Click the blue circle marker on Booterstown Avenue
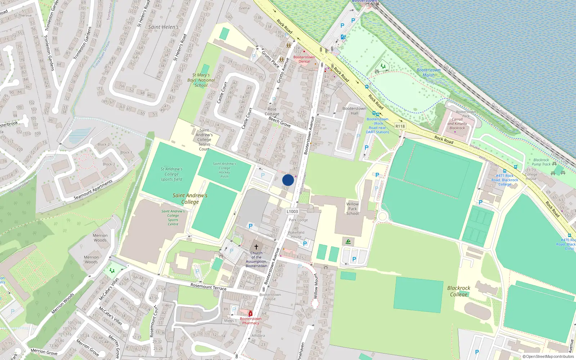[x=288, y=180]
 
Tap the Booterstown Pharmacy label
[x=251, y=321]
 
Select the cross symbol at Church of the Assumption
[x=256, y=247]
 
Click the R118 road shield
[x=400, y=126]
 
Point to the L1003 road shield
[x=292, y=212]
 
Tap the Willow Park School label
[x=352, y=209]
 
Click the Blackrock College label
[x=459, y=291]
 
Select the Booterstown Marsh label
[x=428, y=73]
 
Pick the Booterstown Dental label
[x=304, y=59]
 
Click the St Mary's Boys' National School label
[x=201, y=80]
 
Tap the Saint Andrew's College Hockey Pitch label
[x=224, y=170]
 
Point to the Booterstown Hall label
[x=354, y=111]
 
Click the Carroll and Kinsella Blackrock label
[x=457, y=123]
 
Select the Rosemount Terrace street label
[x=208, y=287]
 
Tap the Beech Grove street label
[x=280, y=122]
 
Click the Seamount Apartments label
[x=93, y=190]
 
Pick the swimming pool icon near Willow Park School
[x=348, y=242]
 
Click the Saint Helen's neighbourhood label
[x=163, y=27]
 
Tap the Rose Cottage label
[x=272, y=112]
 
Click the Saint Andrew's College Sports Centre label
[x=173, y=218]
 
